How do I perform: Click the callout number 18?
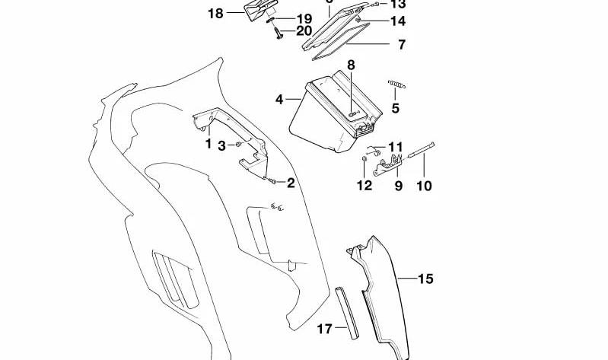point(215,13)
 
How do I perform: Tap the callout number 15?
point(425,279)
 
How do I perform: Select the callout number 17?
point(324,329)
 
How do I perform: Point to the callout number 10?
point(425,186)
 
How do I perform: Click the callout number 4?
point(279,100)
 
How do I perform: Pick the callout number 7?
point(401,45)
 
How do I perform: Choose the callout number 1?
point(209,142)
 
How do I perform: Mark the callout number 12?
point(364,186)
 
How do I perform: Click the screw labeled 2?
point(271,180)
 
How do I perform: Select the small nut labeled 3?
point(238,144)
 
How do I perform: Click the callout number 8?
point(352,65)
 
